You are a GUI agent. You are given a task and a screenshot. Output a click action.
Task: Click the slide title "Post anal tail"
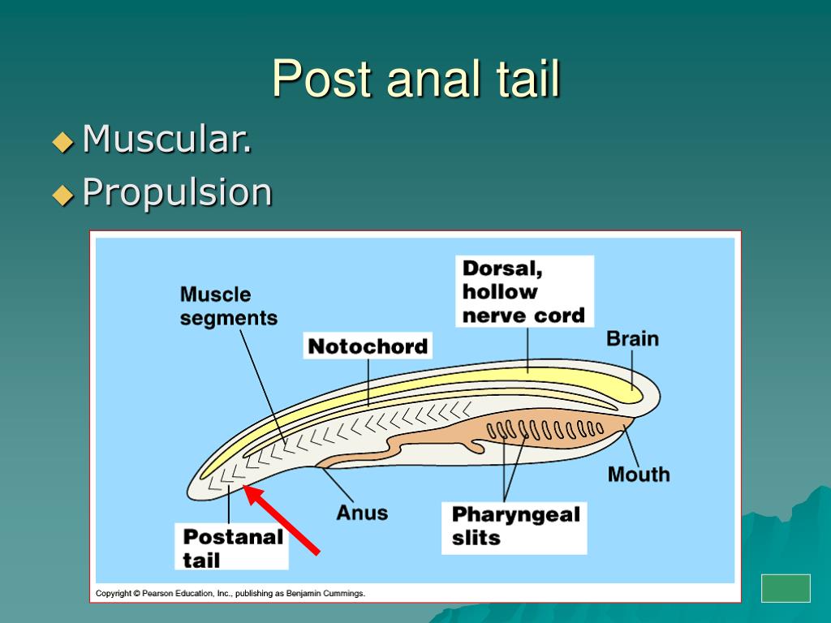pyautogui.click(x=416, y=79)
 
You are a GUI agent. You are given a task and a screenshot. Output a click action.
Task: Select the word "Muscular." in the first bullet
pyautogui.click(x=167, y=139)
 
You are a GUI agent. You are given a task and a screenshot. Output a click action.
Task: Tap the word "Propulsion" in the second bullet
pyautogui.click(x=177, y=191)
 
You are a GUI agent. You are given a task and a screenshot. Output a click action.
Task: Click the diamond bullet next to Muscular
pyautogui.click(x=63, y=142)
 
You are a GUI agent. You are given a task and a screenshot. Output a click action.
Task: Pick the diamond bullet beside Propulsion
pyautogui.click(x=63, y=195)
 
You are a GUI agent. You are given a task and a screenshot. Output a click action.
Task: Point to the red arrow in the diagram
pyautogui.click(x=282, y=520)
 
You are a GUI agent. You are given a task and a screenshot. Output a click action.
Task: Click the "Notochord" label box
pyautogui.click(x=368, y=346)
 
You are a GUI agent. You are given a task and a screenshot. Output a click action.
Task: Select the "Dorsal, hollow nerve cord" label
pyautogui.click(x=524, y=291)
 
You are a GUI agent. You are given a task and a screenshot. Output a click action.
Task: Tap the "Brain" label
pyautogui.click(x=632, y=338)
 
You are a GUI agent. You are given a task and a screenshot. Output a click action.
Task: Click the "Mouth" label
pyautogui.click(x=639, y=474)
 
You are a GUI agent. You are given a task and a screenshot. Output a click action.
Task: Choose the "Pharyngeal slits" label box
pyautogui.click(x=514, y=527)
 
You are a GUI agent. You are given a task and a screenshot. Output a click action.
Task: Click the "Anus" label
pyautogui.click(x=362, y=513)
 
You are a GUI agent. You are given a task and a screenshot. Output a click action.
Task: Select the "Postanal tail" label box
pyautogui.click(x=231, y=547)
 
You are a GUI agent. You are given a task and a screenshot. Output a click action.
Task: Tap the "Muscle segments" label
pyautogui.click(x=228, y=306)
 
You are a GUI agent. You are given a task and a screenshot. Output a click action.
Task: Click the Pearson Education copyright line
pyautogui.click(x=230, y=593)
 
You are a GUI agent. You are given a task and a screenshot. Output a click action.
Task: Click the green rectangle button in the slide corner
pyautogui.click(x=786, y=588)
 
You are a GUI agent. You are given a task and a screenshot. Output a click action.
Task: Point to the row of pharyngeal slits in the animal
pyautogui.click(x=545, y=429)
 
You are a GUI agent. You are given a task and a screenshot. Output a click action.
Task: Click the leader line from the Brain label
pyautogui.click(x=631, y=369)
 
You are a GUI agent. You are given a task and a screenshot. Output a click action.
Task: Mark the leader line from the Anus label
pyautogui.click(x=337, y=484)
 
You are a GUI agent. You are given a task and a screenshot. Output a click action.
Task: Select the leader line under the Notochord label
pyautogui.click(x=368, y=382)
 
